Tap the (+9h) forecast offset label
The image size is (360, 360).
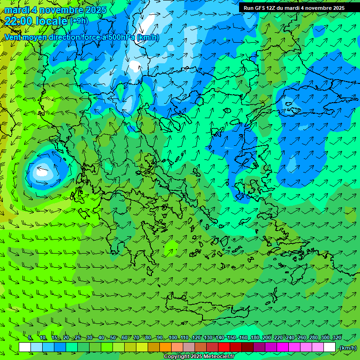point(79,21)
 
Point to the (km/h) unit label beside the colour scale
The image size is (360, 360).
point(347,348)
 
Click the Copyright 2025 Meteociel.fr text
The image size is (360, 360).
point(199,357)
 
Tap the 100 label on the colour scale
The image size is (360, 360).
point(173,338)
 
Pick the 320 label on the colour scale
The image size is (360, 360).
point(337,338)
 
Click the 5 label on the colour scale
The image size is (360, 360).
point(30,338)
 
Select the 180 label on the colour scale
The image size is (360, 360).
point(255,338)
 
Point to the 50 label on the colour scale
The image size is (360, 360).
point(113,338)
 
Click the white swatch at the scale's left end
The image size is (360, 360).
point(25,347)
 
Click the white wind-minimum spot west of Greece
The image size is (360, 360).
point(42,172)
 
